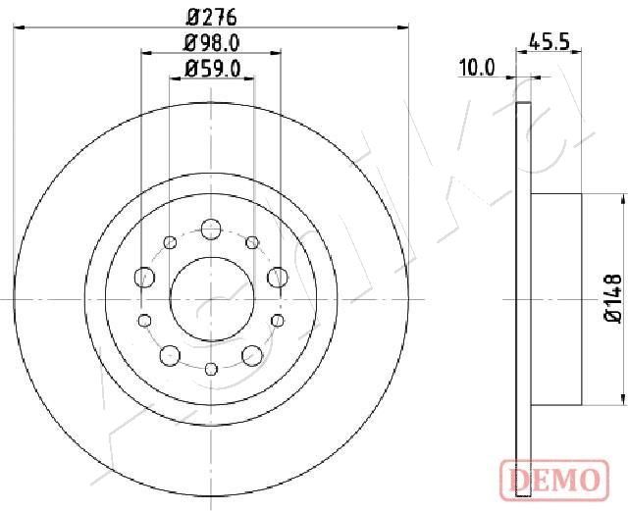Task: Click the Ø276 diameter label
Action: coord(212,18)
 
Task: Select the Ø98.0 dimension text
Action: coord(212,43)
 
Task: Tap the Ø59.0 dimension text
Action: coord(212,69)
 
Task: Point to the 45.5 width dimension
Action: coord(549,41)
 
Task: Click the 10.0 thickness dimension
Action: coord(477,68)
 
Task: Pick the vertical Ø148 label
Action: coord(612,298)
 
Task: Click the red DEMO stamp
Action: coord(554,481)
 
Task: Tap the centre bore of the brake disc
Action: coord(212,299)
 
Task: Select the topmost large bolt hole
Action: coord(211,230)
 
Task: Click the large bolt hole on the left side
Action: coord(144,278)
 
